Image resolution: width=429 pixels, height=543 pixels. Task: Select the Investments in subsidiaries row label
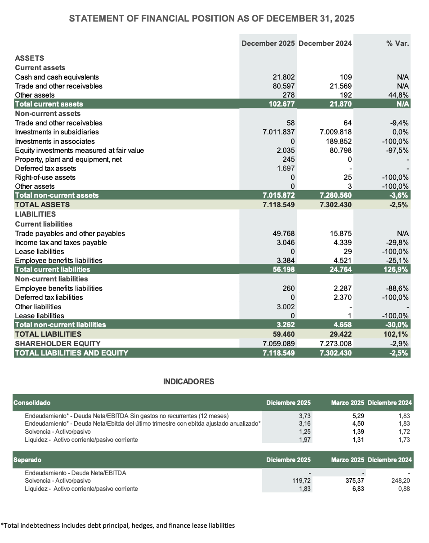[x=57, y=132]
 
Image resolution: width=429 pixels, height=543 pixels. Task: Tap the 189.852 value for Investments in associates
[x=340, y=141]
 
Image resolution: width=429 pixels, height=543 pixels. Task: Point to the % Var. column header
[x=398, y=44]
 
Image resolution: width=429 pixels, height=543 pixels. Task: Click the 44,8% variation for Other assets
[x=398, y=95]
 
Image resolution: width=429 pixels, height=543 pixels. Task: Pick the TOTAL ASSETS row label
[x=42, y=205]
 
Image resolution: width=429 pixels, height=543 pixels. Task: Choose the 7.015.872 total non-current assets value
[x=279, y=195]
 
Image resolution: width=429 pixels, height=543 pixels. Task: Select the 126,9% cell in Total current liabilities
[x=396, y=269]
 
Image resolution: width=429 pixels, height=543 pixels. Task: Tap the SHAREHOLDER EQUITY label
[x=58, y=343]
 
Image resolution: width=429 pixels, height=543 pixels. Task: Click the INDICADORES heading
[x=188, y=382]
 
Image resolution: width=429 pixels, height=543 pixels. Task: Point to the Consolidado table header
[x=32, y=403]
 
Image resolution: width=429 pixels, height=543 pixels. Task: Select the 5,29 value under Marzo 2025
[x=358, y=416]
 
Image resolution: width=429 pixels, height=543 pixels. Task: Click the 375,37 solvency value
[x=354, y=480]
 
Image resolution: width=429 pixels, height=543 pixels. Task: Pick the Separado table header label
[x=27, y=460]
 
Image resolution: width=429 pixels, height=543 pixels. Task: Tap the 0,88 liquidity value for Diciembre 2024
[x=404, y=488]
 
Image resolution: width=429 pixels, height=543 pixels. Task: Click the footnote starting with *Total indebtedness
[x=117, y=525]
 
